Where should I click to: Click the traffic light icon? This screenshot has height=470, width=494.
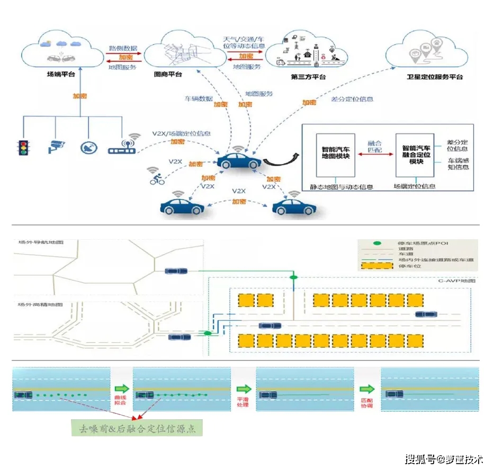(x=23, y=147)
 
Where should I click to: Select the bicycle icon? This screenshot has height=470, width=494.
(x=157, y=179)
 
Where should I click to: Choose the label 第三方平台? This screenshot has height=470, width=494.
(x=308, y=77)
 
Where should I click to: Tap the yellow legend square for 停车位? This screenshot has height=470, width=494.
(x=377, y=266)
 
